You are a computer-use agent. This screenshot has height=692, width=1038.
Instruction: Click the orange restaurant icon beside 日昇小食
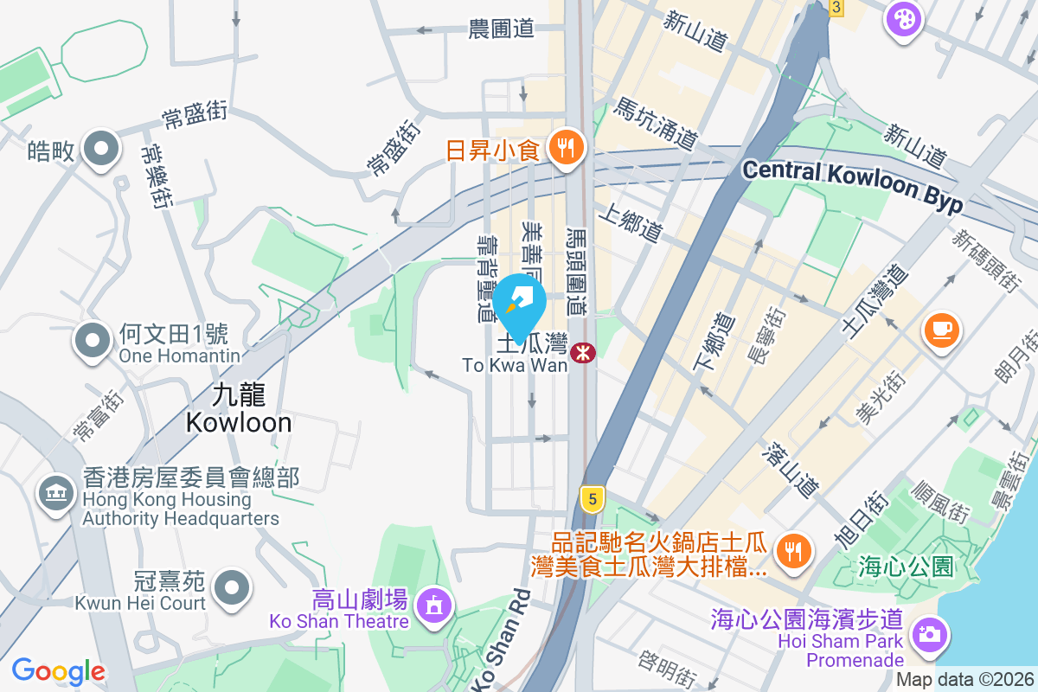tap(567, 149)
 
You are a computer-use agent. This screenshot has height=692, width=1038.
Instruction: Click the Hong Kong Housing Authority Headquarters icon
tap(55, 494)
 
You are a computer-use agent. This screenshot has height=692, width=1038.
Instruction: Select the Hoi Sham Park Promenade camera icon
tap(930, 634)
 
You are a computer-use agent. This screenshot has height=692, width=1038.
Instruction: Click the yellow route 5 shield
tap(592, 499)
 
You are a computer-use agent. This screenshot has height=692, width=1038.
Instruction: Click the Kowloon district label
tap(238, 408)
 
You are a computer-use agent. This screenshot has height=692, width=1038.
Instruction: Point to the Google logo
tap(58, 671)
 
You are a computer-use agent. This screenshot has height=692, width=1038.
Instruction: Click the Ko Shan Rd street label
tap(500, 641)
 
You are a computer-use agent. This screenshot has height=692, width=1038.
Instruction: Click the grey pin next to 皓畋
tap(102, 149)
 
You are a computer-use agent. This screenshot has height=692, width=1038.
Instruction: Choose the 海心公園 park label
tap(906, 567)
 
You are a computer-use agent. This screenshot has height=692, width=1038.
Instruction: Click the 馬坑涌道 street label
tap(655, 124)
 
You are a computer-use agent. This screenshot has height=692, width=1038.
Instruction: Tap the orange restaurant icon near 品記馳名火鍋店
tap(791, 550)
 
